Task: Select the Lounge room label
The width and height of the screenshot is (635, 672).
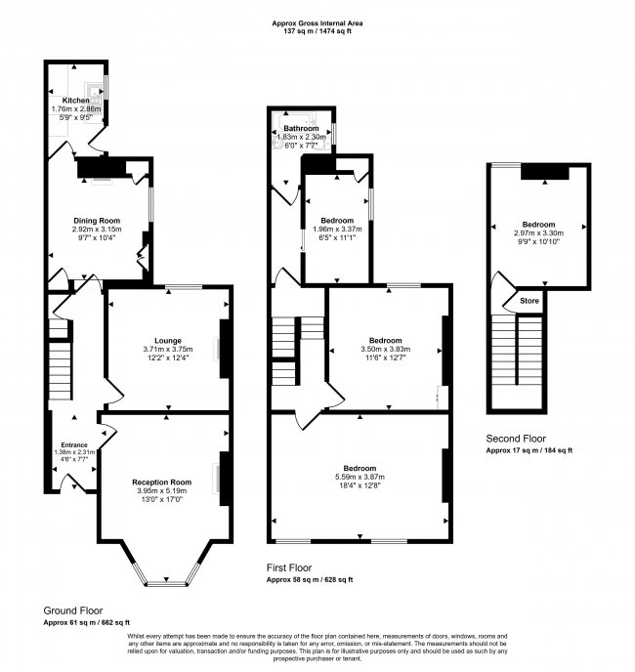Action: [x=168, y=340]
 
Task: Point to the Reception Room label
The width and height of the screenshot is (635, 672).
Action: [x=161, y=483]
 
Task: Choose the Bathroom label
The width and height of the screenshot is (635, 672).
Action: [x=301, y=129]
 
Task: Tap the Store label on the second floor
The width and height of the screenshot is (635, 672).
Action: [x=529, y=300]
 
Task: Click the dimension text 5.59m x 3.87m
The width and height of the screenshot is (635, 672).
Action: [x=361, y=476]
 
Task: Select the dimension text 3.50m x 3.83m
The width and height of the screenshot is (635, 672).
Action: [x=385, y=349]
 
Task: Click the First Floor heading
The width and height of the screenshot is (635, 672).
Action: [x=289, y=567]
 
